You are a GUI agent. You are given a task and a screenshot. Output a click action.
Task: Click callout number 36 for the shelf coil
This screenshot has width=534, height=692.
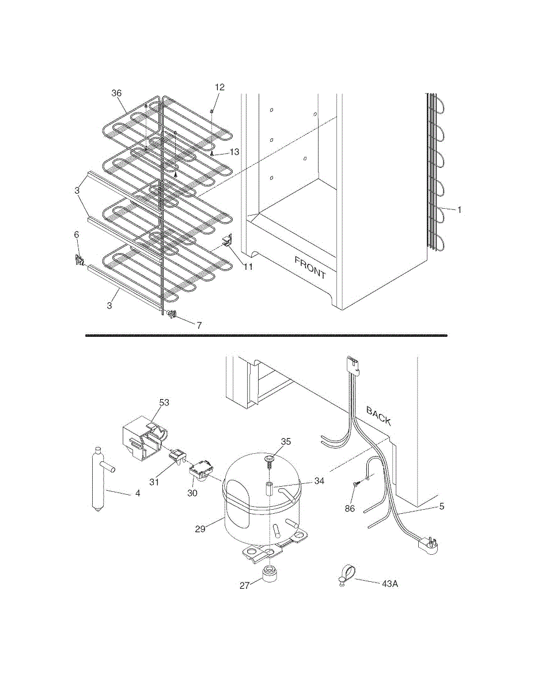pos(117,92)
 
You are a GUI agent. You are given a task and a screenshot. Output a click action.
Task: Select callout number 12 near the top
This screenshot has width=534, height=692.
pos(219,87)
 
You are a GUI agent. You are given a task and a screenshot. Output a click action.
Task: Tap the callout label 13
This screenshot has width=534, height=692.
pos(234,152)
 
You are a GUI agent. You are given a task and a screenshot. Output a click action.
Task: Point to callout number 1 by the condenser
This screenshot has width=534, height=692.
pos(459,210)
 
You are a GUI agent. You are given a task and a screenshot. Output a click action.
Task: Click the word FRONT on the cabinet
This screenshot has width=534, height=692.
pos(310,268)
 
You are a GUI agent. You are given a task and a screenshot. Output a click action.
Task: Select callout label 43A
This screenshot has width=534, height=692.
pos(390,584)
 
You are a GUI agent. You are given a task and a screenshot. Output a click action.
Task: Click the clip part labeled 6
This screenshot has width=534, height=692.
pos(79,261)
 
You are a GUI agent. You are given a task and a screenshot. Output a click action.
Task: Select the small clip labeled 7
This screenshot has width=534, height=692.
pos(171,314)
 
